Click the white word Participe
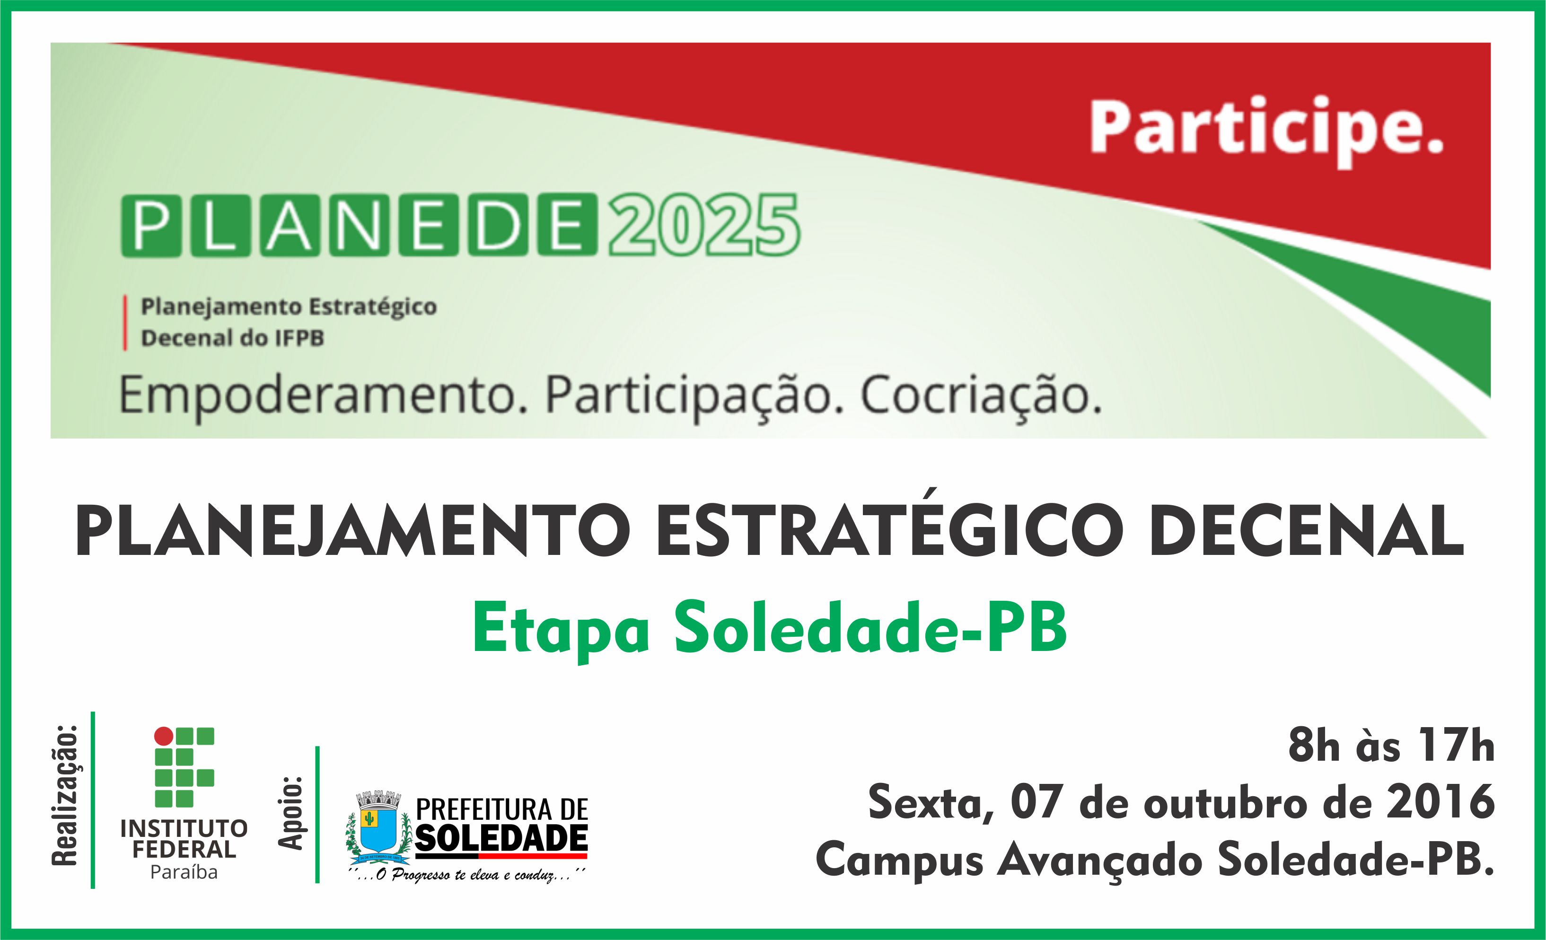(x=1266, y=129)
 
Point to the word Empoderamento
(x=317, y=396)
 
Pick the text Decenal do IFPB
(x=232, y=339)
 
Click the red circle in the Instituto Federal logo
(x=164, y=736)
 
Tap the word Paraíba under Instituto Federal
(x=184, y=873)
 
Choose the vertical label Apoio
(x=290, y=813)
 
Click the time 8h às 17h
(x=1390, y=747)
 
